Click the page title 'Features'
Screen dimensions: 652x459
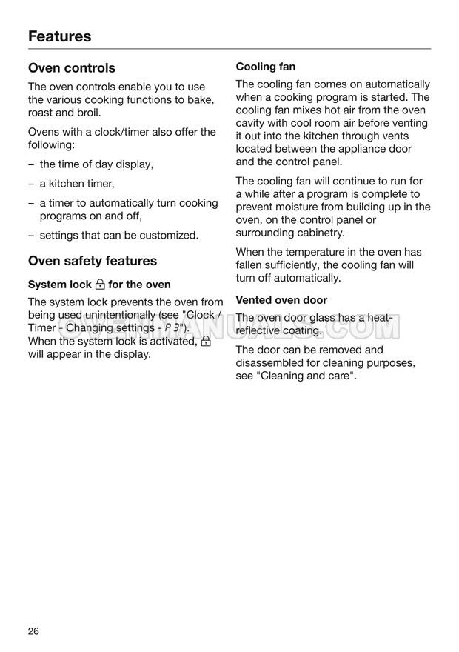point(59,36)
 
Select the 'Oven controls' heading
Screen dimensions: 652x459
point(72,68)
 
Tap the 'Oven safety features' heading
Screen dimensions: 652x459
point(93,261)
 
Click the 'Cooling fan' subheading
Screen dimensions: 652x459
point(266,67)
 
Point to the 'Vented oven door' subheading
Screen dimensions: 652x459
point(281,300)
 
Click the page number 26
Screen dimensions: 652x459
point(34,631)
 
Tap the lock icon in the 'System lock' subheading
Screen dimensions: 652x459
point(99,285)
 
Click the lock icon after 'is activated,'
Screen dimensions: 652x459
point(206,342)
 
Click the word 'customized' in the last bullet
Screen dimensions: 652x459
point(171,236)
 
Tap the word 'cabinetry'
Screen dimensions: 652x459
point(321,233)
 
